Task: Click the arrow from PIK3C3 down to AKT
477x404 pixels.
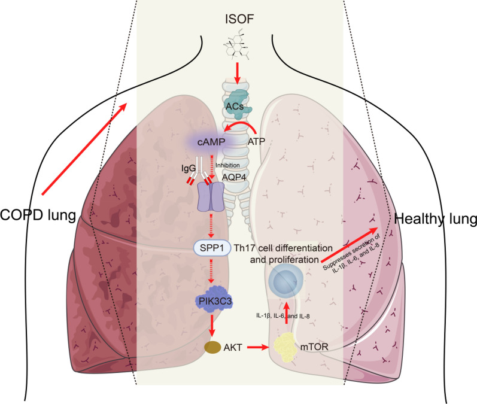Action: click(x=212, y=326)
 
